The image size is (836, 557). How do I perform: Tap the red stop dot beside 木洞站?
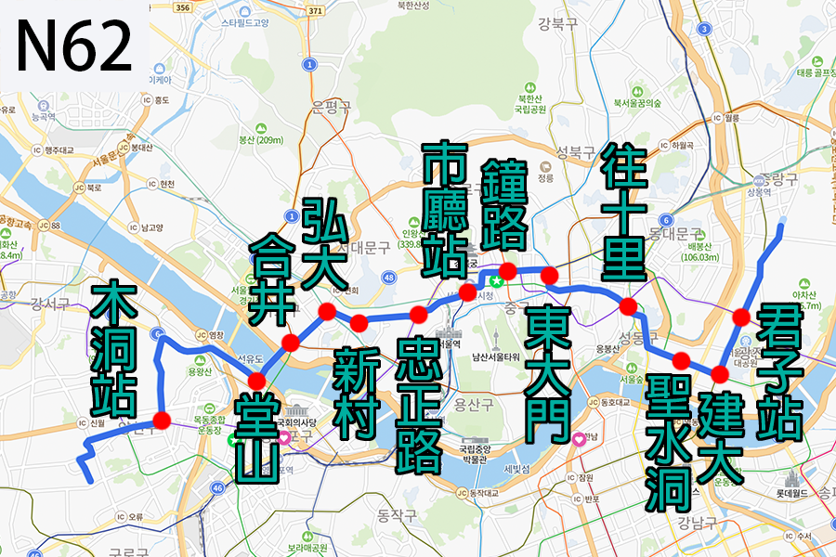point(162,421)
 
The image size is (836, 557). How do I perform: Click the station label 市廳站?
point(443,210)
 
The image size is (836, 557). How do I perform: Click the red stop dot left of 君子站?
point(741,317)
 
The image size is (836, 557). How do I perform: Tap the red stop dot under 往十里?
point(628,306)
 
